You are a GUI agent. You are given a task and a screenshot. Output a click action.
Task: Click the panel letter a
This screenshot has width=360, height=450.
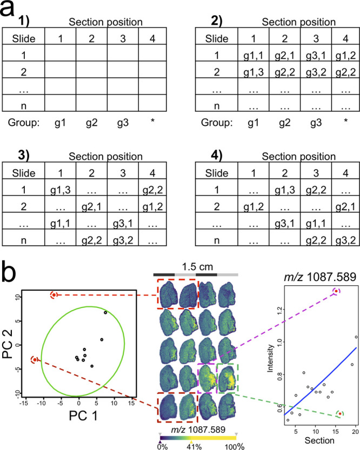[x=13, y=11]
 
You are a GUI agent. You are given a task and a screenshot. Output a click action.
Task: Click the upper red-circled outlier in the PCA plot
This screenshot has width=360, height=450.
[x=54, y=295]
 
